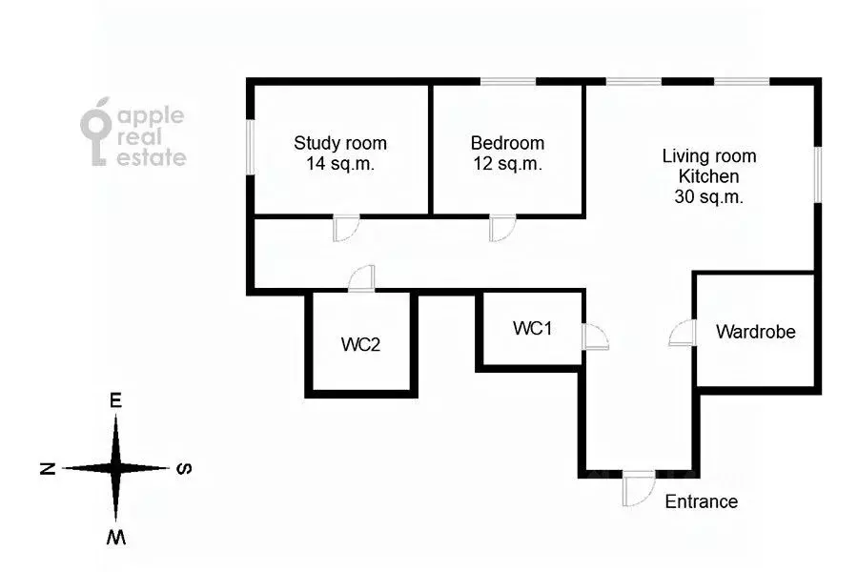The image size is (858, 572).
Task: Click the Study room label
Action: pos(340,144)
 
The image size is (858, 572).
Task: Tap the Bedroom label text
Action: pos(507,144)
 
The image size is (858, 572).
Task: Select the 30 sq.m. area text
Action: pos(709,198)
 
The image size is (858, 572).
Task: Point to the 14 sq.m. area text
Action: pos(340,164)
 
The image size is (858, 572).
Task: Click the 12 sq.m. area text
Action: pos(507,164)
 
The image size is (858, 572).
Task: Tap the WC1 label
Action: pos(533,329)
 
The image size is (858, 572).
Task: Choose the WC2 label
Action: pos(361,344)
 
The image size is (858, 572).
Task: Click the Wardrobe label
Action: pos(755,333)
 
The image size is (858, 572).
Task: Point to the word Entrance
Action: pos(701,501)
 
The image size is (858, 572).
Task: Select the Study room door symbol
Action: pos(344,230)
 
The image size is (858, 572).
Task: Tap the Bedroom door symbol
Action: pos(501,230)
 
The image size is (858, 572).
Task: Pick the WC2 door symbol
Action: pos(361,279)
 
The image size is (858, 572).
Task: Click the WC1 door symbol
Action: pos(594,337)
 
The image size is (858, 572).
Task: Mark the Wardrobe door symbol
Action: pos(682,333)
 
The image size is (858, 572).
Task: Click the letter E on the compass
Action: pos(116,401)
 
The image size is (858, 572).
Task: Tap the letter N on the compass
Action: pos(45,468)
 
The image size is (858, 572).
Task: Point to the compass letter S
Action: pos(187,468)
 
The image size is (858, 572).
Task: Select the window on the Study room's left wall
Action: pos(251,147)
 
